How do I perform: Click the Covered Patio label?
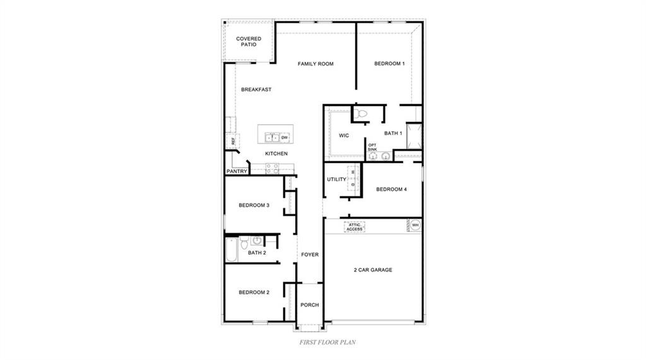point(249,42)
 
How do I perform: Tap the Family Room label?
point(315,64)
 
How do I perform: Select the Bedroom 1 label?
point(389,64)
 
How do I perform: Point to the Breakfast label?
point(256,90)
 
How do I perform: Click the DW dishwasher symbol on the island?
point(285,137)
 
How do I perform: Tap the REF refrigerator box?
point(233,141)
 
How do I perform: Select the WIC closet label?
point(344,136)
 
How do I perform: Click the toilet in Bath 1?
point(360,113)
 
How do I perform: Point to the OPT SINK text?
point(372,147)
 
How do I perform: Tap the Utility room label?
point(336,180)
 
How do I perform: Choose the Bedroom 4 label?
point(392,189)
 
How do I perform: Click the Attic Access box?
point(355,226)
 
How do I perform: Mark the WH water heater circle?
point(415,225)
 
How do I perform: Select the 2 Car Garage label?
point(372,270)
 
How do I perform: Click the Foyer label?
point(309,255)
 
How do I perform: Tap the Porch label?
point(309,305)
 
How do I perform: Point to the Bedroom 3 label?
point(254,205)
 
